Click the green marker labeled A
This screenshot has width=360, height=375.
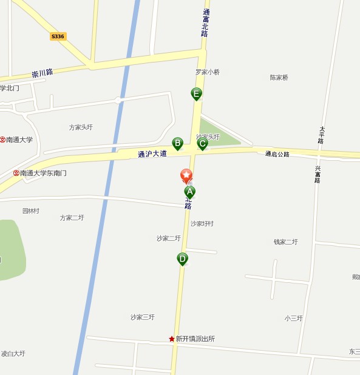coord(189,192)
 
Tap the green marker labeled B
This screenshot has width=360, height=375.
coord(177,143)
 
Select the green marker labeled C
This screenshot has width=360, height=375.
coord(202,143)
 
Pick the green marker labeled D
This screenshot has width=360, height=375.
coord(182,259)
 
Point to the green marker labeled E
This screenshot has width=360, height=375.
coord(196,93)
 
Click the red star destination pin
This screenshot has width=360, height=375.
coord(186,175)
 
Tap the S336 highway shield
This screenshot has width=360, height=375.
coord(58,36)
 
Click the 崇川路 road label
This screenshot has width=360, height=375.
coord(42,73)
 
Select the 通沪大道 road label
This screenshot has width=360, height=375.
coord(152,154)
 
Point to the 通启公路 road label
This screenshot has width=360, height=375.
coord(277,154)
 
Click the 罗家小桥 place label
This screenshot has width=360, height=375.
coord(208,72)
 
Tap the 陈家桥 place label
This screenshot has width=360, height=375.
coord(279,78)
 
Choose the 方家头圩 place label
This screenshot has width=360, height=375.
coord(81,127)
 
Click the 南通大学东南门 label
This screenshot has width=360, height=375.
coord(43,173)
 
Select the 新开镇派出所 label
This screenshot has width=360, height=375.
coord(195,339)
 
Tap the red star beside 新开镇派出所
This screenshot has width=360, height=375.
coord(172,339)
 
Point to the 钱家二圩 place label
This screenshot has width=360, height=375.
coord(285,242)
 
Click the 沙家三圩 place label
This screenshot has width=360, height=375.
coord(143,317)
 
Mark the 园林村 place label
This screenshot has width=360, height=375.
coord(31,211)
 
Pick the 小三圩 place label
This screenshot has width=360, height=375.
coord(293,318)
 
